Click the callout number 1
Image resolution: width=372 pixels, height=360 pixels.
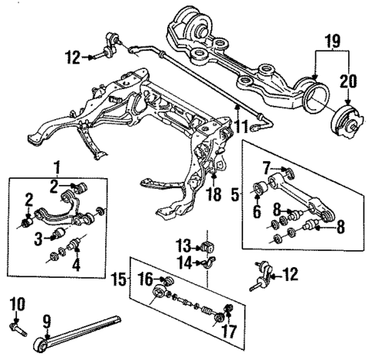coord(55,166)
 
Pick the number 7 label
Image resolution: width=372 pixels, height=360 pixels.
coord(266,168)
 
